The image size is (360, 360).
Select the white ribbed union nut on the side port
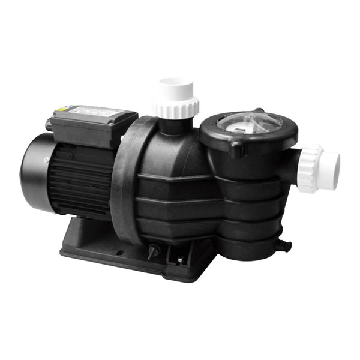pyautogui.click(x=309, y=169)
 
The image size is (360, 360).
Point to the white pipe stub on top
pyautogui.click(x=175, y=88)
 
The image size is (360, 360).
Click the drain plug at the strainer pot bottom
pyautogui.click(x=283, y=245)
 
